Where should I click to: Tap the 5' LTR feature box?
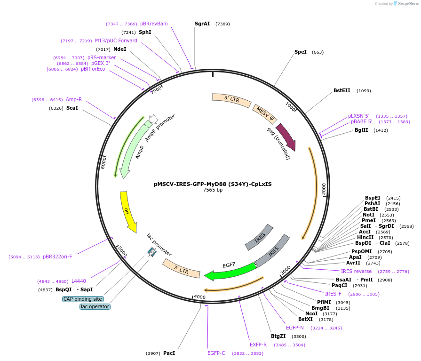click(x=232, y=99)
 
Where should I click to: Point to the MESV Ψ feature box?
click(x=265, y=114)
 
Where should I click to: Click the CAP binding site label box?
click(x=82, y=299)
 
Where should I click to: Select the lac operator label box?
click(x=95, y=306)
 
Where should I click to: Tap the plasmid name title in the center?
click(x=213, y=184)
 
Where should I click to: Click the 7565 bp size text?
click(x=213, y=190)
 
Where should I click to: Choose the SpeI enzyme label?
click(x=300, y=52)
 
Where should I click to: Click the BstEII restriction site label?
click(x=342, y=90)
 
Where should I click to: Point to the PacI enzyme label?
click(x=169, y=353)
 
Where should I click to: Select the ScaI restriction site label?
click(x=72, y=108)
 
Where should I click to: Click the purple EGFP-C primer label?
click(x=216, y=353)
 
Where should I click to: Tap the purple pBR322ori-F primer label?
click(x=57, y=257)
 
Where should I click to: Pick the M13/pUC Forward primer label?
click(x=116, y=41)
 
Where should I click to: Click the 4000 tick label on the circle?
click(x=199, y=297)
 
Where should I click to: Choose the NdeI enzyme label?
click(x=119, y=49)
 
